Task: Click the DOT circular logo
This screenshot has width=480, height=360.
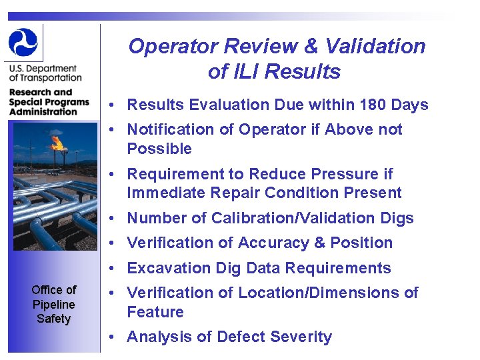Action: click(23, 42)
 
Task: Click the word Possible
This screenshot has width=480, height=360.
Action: click(159, 149)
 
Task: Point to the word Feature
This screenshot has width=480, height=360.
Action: click(155, 312)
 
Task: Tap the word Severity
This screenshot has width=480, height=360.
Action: click(300, 337)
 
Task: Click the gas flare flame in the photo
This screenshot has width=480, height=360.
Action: click(57, 142)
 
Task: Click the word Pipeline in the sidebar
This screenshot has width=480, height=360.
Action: click(53, 304)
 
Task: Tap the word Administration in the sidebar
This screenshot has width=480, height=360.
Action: click(43, 112)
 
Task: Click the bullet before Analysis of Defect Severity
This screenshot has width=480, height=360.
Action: click(115, 337)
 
